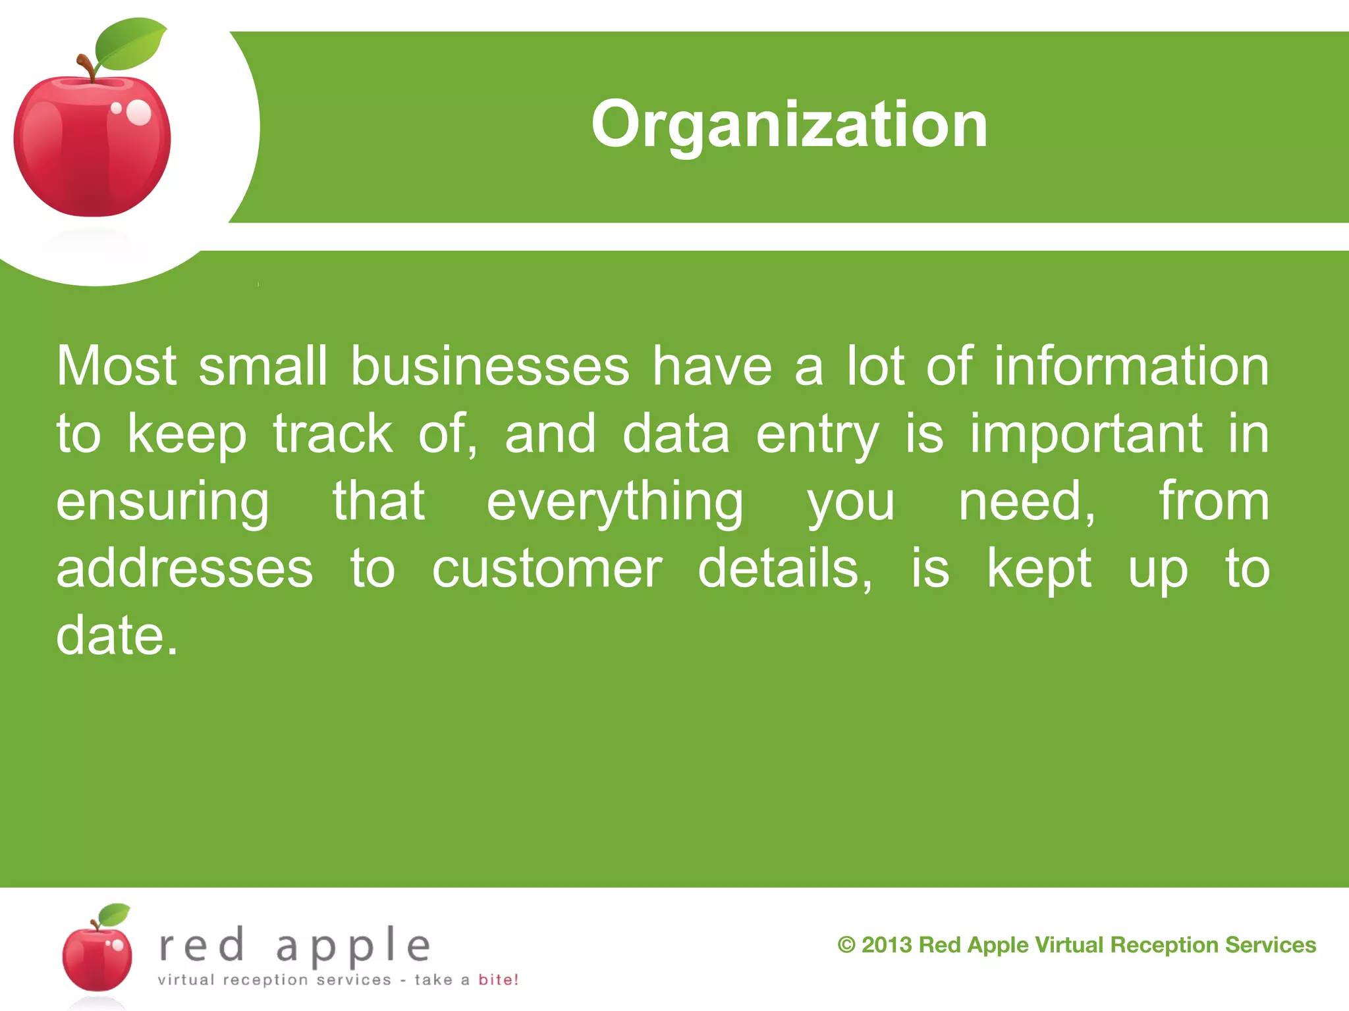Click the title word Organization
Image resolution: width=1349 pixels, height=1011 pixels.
coord(789,124)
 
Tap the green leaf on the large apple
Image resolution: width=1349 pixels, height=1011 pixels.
coord(129,45)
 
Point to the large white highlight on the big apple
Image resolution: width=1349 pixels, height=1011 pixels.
coord(139,112)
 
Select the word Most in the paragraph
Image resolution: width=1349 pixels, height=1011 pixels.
coord(117,366)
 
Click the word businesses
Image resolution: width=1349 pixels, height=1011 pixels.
coord(490,366)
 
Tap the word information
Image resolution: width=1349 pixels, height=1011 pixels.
coord(1131,366)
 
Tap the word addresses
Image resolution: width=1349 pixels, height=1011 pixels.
coord(184,569)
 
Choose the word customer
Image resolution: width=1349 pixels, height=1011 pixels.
coord(547,569)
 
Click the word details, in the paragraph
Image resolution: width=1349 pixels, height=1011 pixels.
coord(785,569)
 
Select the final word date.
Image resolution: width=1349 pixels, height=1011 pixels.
coord(117,636)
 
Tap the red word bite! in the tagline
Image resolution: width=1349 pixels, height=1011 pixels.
coord(498,979)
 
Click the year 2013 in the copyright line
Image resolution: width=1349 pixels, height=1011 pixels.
coord(887,945)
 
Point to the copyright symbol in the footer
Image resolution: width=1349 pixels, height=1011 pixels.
coord(846,945)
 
